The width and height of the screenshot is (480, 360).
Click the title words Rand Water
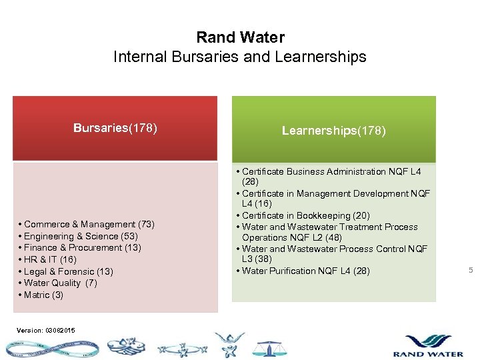click(x=240, y=37)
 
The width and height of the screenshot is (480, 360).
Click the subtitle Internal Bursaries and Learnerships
click(x=240, y=57)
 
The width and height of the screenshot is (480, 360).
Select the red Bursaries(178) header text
click(x=115, y=128)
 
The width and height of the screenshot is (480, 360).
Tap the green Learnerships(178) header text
click(x=333, y=131)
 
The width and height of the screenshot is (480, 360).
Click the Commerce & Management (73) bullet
click(x=89, y=224)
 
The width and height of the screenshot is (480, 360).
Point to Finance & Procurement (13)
click(x=82, y=247)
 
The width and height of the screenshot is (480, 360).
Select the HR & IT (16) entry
click(x=50, y=259)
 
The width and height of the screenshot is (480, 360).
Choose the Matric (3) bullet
click(x=43, y=295)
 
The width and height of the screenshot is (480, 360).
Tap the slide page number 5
click(x=471, y=270)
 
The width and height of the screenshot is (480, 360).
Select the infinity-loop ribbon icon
click(x=50, y=349)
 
